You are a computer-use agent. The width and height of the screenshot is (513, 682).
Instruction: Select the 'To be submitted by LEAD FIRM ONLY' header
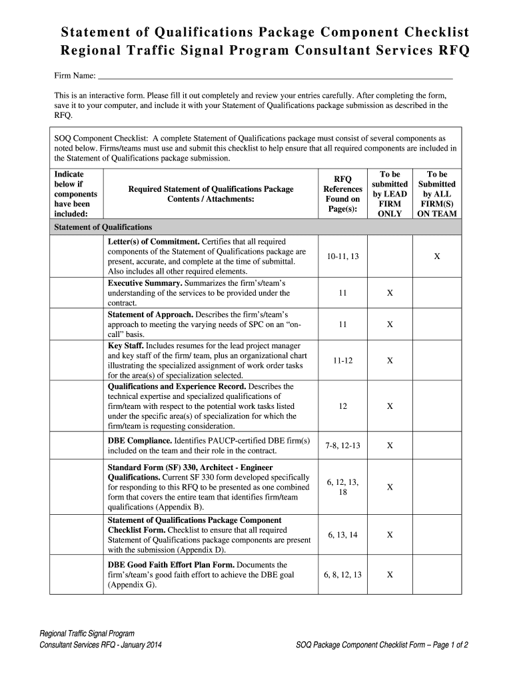pyautogui.click(x=390, y=194)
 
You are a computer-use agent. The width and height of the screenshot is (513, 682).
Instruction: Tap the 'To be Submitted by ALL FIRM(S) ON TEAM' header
pyautogui.click(x=436, y=194)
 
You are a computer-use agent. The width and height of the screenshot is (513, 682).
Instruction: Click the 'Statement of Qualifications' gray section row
pyautogui.click(x=256, y=227)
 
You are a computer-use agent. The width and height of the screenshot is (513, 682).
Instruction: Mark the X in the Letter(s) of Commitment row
pyautogui.click(x=437, y=256)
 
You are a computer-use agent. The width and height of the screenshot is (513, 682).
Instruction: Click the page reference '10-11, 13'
pyautogui.click(x=343, y=256)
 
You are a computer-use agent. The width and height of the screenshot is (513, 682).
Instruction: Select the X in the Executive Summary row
pyautogui.click(x=390, y=292)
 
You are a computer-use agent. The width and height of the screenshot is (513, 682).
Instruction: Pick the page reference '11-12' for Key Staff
pyautogui.click(x=343, y=360)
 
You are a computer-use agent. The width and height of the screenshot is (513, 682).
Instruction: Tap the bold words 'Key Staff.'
pyautogui.click(x=125, y=346)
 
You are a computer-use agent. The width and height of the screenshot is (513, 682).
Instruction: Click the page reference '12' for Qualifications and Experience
pyautogui.click(x=343, y=406)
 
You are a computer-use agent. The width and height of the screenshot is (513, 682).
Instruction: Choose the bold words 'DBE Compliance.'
pyautogui.click(x=140, y=440)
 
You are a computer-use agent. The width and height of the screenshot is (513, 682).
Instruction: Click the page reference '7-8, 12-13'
pyautogui.click(x=343, y=445)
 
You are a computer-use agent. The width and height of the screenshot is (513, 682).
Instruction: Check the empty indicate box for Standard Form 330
pyautogui.click(x=78, y=487)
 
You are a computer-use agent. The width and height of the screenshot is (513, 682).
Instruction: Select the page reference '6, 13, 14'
pyautogui.click(x=343, y=535)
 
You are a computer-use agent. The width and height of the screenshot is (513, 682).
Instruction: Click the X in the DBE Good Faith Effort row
pyautogui.click(x=390, y=575)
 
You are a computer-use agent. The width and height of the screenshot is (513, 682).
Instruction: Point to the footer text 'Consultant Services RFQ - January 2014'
pyautogui.click(x=101, y=645)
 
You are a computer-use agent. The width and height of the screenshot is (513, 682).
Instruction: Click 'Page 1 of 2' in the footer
pyautogui.click(x=446, y=645)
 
